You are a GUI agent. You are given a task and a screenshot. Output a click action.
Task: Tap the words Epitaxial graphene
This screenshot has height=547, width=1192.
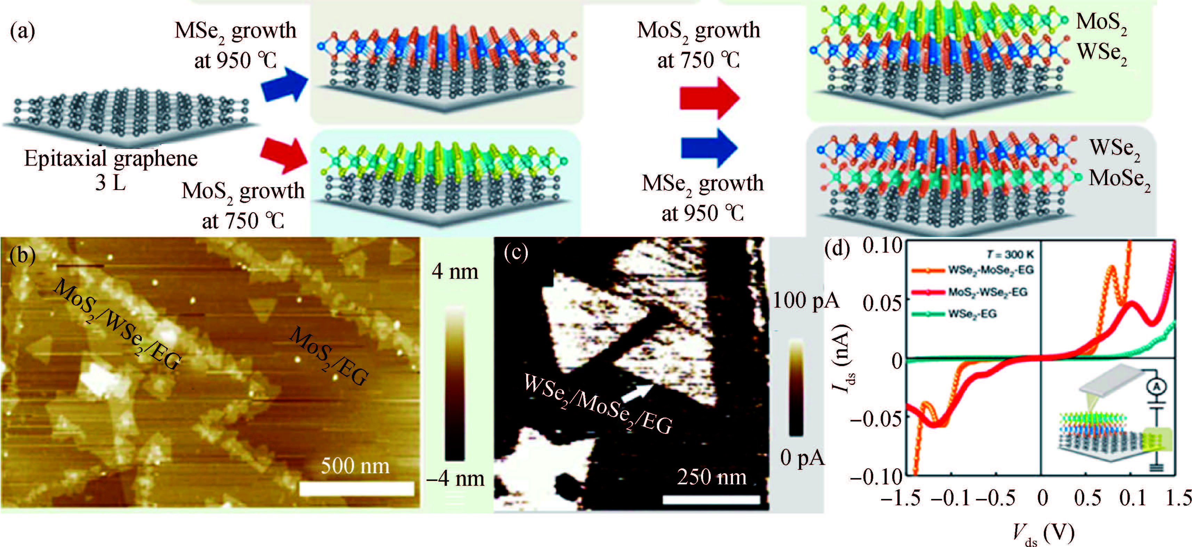111,158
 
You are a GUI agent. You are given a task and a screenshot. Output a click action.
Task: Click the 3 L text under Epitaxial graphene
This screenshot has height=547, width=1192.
110,182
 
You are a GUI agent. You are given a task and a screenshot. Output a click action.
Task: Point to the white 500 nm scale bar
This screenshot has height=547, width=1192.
356,489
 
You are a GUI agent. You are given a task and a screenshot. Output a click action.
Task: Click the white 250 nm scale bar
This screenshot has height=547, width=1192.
711,499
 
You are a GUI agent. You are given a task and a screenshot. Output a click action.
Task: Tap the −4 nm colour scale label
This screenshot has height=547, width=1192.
455,478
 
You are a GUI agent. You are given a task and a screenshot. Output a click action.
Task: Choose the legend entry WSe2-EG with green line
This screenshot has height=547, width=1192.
972,314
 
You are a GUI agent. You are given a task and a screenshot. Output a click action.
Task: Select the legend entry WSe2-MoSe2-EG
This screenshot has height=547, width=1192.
990,270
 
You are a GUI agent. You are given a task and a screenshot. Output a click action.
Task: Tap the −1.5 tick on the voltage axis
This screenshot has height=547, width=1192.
900,498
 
